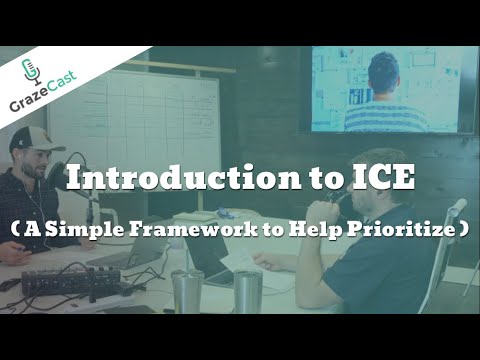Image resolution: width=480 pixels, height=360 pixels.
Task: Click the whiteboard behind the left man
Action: click(160, 120)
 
